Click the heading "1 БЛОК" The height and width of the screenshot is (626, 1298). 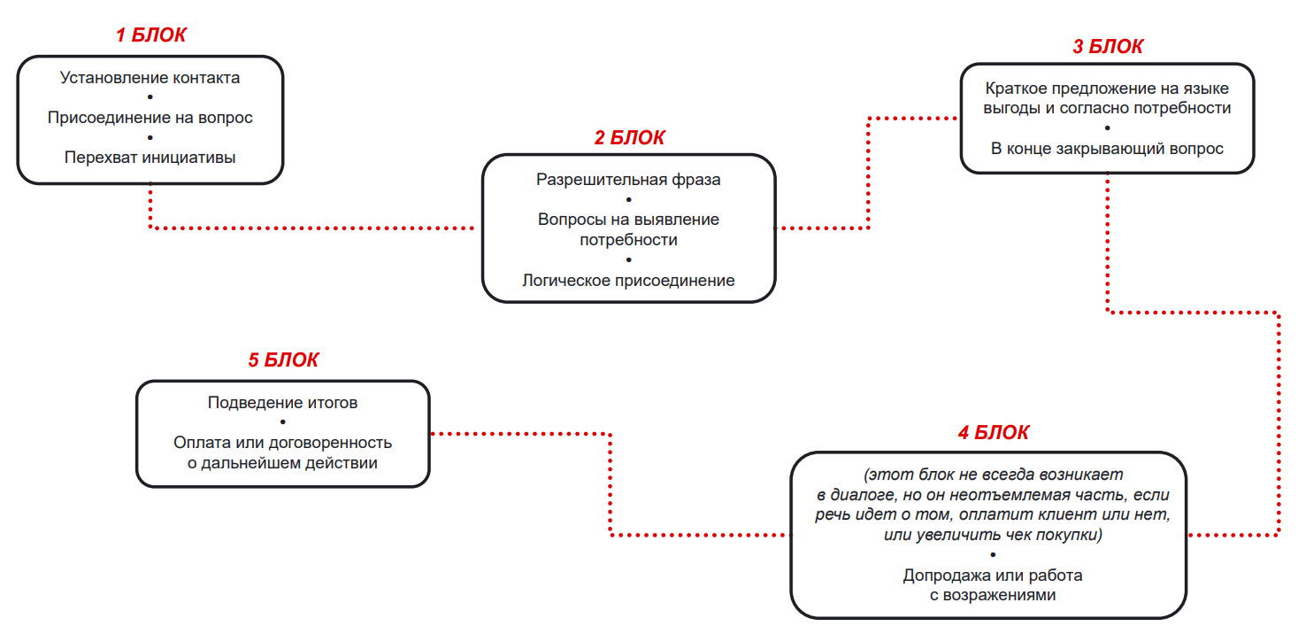[x=150, y=35]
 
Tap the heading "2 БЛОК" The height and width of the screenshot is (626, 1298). [x=629, y=137]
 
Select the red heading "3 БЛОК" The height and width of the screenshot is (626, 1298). [x=1107, y=47]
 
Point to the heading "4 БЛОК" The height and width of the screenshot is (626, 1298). [x=993, y=433]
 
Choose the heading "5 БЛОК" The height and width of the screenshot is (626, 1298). [x=282, y=360]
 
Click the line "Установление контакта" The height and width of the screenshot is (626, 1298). [x=150, y=78]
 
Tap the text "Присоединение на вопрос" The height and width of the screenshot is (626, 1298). [x=150, y=118]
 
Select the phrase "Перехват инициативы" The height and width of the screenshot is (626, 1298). [x=150, y=158]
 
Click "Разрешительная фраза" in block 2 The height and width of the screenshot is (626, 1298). [x=628, y=180]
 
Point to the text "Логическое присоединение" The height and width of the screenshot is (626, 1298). [x=628, y=281]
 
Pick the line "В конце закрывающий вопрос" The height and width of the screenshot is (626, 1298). [x=1107, y=148]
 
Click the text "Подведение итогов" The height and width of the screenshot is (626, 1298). [x=282, y=403]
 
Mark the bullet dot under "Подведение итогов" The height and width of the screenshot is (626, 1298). [x=282, y=422]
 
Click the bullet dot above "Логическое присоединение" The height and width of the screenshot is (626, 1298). [x=628, y=260]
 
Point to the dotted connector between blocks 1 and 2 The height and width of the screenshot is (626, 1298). [x=310, y=228]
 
